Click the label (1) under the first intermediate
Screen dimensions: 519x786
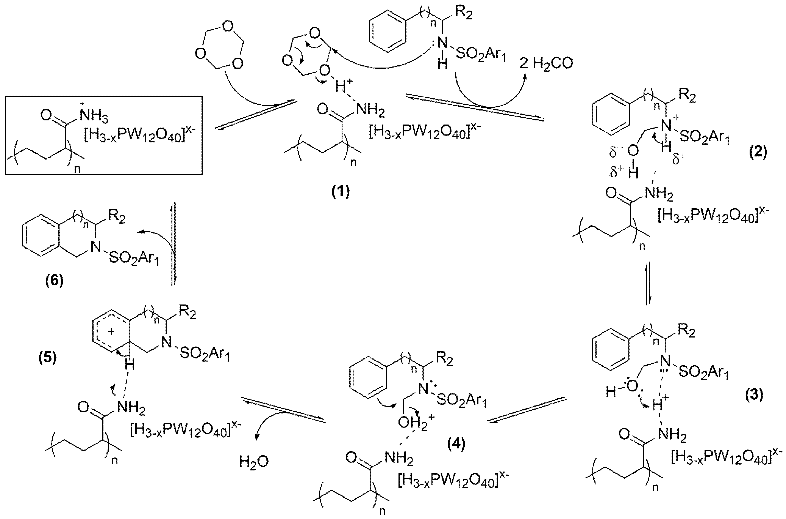(341, 192)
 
